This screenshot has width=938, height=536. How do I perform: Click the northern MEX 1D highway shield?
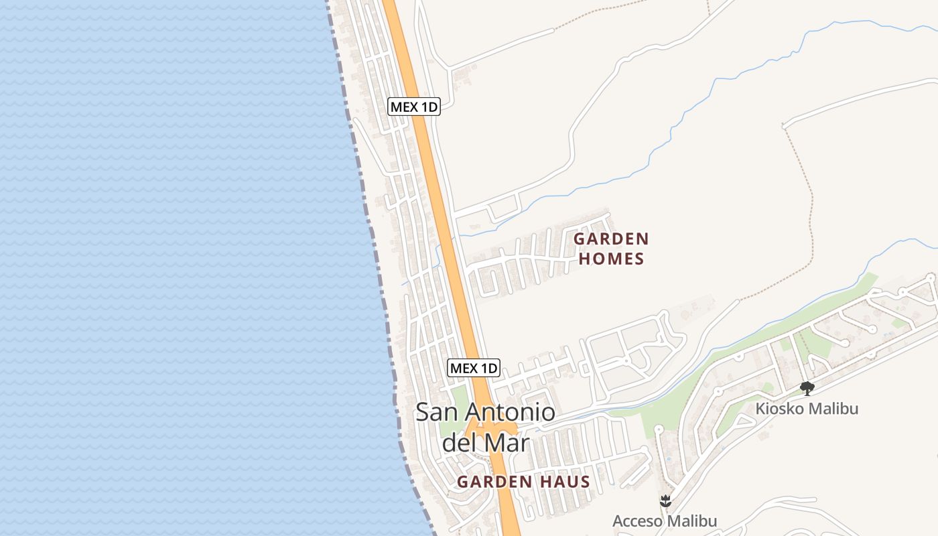pyautogui.click(x=414, y=107)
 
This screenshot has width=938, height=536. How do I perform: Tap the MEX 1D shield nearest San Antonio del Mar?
pyautogui.click(x=474, y=368)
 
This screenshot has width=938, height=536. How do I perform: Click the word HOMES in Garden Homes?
pyautogui.click(x=611, y=259)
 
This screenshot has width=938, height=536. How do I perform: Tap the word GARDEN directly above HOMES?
pyautogui.click(x=611, y=239)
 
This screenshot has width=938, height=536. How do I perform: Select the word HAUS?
pyautogui.click(x=564, y=482)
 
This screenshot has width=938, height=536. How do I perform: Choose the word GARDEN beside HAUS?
pyautogui.click(x=494, y=482)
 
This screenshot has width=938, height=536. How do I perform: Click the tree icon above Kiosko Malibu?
pyautogui.click(x=807, y=388)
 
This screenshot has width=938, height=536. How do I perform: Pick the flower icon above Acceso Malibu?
pyautogui.click(x=665, y=500)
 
